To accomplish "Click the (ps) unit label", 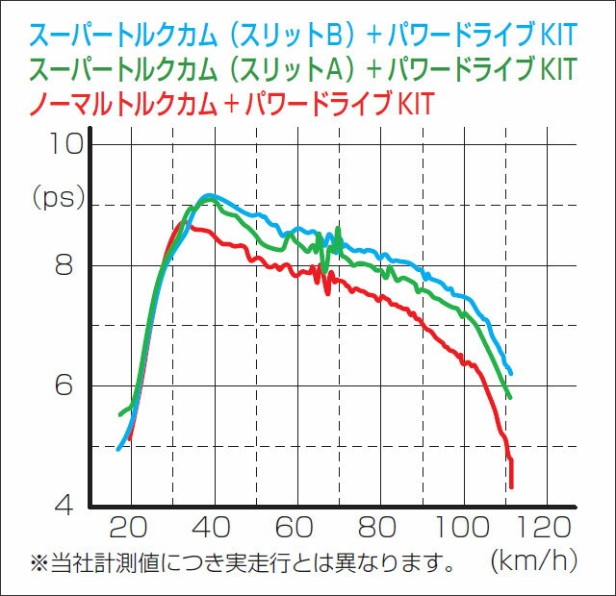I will coord(59,198).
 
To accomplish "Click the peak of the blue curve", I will coord(208,196).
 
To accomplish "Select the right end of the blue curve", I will coord(510,372).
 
